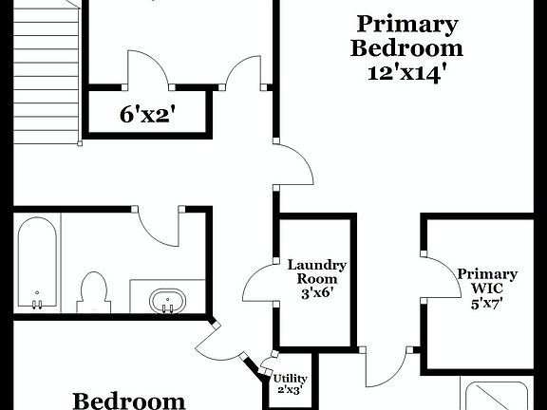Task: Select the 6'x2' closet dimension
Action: point(148,116)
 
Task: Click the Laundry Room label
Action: point(316,272)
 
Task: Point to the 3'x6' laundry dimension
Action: point(316,293)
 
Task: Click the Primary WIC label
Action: point(487,282)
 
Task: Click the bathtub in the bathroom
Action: point(38,263)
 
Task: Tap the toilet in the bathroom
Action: point(94,290)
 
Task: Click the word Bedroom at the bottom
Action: point(129,401)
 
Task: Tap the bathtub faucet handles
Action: point(37,304)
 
